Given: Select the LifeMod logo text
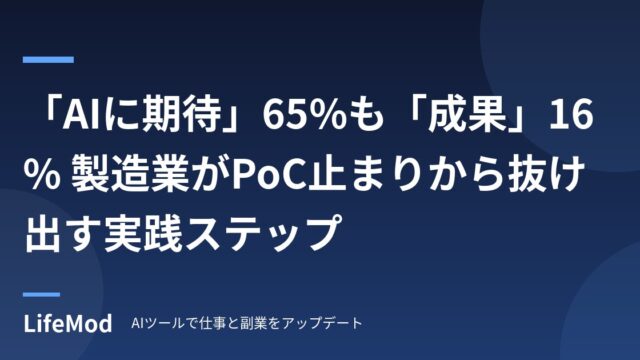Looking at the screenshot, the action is click(67, 324).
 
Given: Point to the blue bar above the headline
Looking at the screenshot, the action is click(48, 60).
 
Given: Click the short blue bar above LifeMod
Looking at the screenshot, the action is click(41, 294).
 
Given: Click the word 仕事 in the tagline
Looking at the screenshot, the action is click(213, 323).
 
